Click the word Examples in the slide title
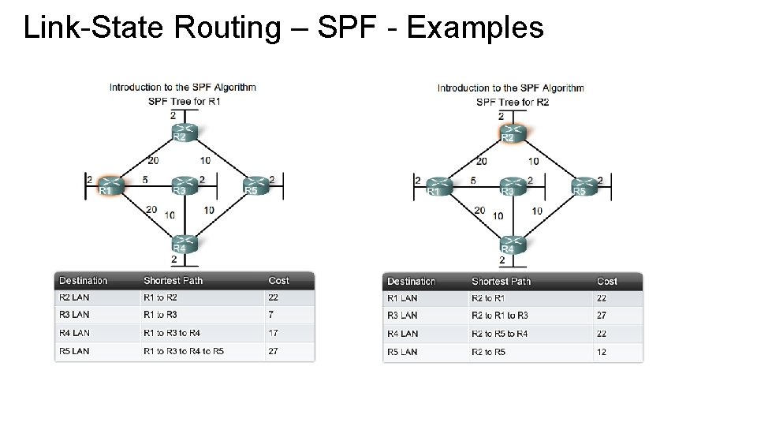(475, 28)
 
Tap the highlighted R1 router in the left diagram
(110, 185)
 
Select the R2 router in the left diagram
(184, 131)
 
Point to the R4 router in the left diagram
(183, 243)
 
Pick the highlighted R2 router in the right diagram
(512, 132)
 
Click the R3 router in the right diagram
(512, 186)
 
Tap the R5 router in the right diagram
(583, 186)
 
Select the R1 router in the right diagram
(438, 186)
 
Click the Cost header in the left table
(278, 281)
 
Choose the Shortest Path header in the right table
(501, 282)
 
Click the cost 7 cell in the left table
(272, 315)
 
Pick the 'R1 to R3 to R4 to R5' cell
(183, 351)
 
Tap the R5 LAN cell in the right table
(402, 352)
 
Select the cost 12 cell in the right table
(602, 352)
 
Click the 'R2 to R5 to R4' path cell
(499, 334)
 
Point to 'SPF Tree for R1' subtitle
(183, 101)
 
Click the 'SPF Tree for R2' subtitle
(512, 102)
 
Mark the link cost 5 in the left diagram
(145, 180)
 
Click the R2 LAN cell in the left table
(74, 297)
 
